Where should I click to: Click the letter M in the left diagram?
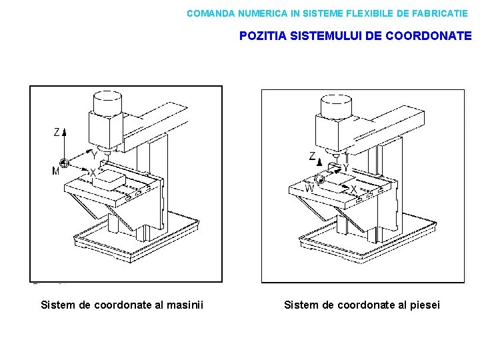pos(55,171)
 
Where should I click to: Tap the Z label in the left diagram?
pos(57,133)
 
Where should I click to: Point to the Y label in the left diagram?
pos(94,155)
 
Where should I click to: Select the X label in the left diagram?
pos(93,173)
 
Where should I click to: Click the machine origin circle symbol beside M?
pos(64,162)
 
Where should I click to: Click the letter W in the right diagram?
pos(309,189)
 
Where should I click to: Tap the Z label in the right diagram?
pos(312,157)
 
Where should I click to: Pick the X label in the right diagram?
pos(353,189)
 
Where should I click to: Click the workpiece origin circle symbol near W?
pos(320,179)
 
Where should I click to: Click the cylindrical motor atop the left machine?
pos(107,103)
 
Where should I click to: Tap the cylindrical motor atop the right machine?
pos(335,105)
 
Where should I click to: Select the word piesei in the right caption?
pos(425,305)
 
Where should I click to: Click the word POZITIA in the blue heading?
pos(262,36)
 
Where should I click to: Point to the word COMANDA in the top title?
pos(210,13)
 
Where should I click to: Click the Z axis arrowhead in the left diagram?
pos(65,131)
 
